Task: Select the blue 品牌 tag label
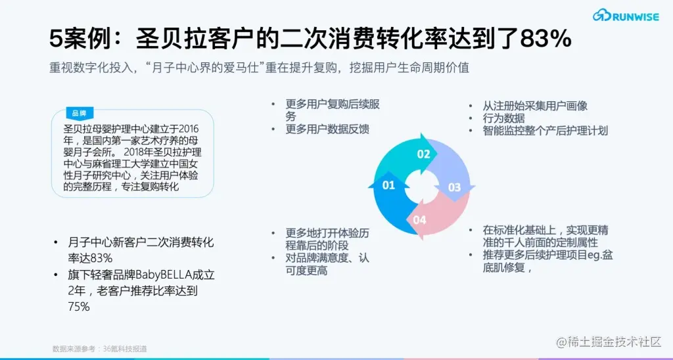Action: (x=79, y=113)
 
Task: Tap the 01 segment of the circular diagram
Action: (x=389, y=185)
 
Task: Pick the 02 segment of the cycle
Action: (x=424, y=154)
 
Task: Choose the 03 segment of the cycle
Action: (x=454, y=187)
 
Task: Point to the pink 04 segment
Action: (x=420, y=219)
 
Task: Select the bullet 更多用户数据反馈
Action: (x=327, y=129)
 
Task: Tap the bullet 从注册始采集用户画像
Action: (x=535, y=106)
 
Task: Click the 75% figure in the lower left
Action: (x=79, y=307)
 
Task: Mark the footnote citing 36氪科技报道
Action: (x=99, y=348)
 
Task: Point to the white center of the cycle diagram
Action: (x=421, y=187)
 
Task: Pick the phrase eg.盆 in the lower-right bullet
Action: (x=596, y=255)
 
